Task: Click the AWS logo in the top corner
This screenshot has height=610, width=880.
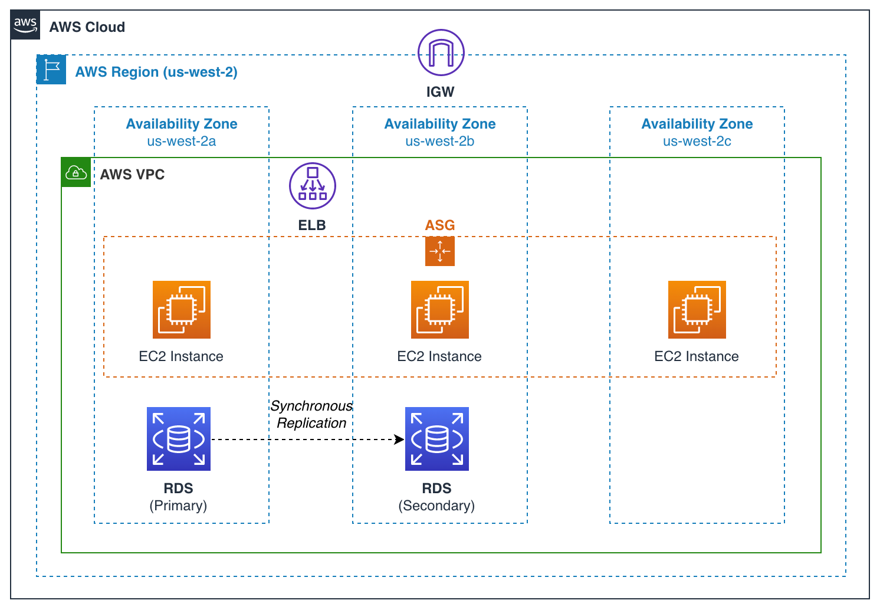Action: coord(25,25)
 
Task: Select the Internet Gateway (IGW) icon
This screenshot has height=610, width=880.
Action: coord(441,53)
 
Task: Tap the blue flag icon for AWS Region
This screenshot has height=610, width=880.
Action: coord(51,70)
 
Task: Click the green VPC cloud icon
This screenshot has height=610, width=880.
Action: coord(76,172)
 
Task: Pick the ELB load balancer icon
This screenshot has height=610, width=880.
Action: coord(312,186)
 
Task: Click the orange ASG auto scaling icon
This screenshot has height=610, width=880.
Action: coord(439,251)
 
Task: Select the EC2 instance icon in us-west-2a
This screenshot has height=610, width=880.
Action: coord(182,310)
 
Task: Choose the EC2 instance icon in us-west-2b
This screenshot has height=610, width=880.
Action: coord(439,310)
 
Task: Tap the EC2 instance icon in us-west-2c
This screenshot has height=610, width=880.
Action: coord(697,310)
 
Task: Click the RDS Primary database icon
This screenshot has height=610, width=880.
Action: coord(179,439)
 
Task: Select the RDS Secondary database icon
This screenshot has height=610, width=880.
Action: coord(436,439)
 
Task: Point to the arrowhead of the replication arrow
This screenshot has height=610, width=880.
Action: coord(400,440)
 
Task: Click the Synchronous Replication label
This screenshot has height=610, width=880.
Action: coord(311,415)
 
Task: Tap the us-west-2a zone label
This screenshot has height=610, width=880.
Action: coord(182,142)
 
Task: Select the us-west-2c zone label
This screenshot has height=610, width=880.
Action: coord(697,142)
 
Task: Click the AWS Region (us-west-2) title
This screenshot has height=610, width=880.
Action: coord(156,72)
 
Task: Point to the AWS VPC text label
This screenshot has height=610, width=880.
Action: coord(132,175)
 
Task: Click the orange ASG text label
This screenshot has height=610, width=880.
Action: coord(439,225)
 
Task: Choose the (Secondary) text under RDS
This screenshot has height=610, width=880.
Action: coord(436,506)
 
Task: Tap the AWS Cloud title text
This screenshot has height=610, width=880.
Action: coord(87,27)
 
